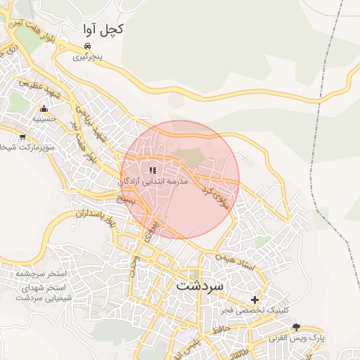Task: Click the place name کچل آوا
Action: pos(103,30)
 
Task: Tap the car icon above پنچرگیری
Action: pos(87,46)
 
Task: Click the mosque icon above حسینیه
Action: pos(44,108)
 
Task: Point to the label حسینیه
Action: pos(44,120)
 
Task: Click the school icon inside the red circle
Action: pos(153,170)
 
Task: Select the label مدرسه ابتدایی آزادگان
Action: pos(153,181)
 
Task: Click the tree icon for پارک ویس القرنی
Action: pos(296,327)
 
